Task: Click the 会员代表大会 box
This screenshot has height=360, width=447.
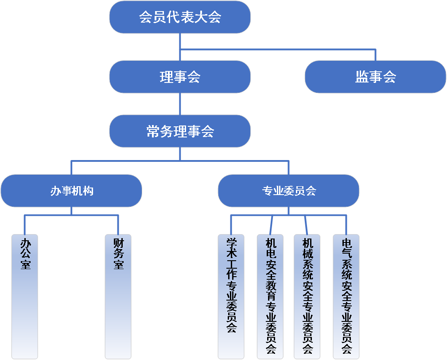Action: (x=180, y=17)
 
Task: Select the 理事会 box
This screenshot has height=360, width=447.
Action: (x=180, y=77)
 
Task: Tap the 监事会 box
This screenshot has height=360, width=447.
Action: (x=375, y=77)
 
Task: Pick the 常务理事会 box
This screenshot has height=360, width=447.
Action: (x=180, y=131)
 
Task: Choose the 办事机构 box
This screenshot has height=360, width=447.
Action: (x=71, y=191)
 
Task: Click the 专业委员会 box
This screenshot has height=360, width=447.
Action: (x=288, y=191)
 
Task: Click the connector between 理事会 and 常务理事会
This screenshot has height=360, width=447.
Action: (x=180, y=104)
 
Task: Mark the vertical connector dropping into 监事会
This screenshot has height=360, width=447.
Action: (x=375, y=55)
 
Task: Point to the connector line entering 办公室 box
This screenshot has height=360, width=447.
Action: (x=25, y=225)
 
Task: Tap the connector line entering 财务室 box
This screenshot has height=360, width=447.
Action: (x=118, y=225)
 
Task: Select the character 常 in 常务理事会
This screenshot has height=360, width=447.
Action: (x=153, y=131)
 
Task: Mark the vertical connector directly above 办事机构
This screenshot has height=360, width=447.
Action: (x=71, y=168)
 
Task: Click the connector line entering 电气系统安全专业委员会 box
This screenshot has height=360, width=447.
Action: (x=346, y=225)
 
